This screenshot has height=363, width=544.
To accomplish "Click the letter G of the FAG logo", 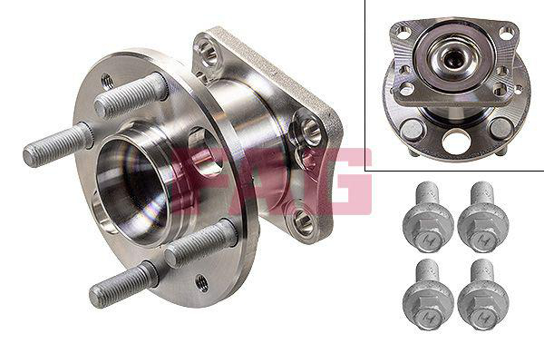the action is tap(344, 181).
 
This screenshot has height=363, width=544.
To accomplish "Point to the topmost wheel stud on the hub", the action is tap(131, 94).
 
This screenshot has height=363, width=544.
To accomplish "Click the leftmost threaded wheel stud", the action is tap(58, 144).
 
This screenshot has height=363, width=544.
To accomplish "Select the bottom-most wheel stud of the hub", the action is tap(123, 285).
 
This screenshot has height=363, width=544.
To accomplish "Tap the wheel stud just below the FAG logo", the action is tap(200, 243).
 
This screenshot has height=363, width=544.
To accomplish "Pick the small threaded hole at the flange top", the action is tap(108, 82).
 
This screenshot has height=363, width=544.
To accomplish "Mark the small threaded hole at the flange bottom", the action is tap(202, 283).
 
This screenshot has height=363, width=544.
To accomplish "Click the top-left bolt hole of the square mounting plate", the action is tap(207, 52).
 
